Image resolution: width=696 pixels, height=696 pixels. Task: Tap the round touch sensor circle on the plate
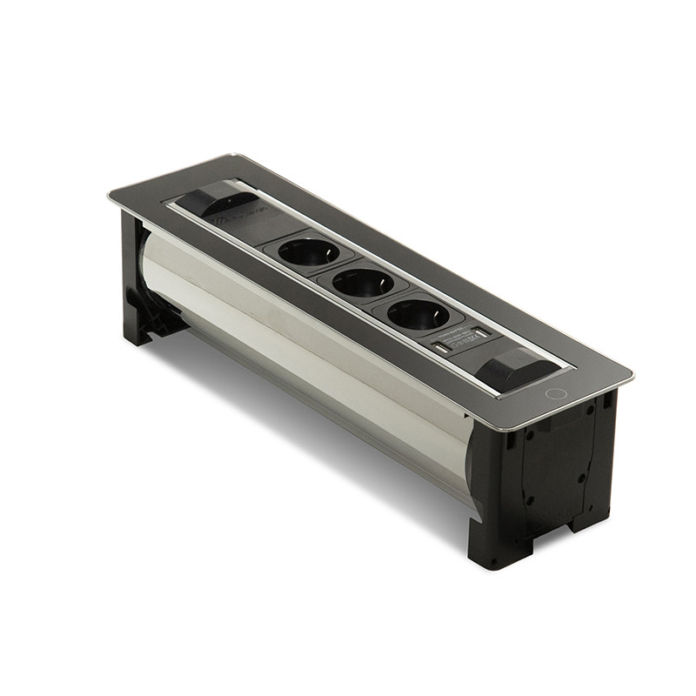pyautogui.click(x=555, y=393)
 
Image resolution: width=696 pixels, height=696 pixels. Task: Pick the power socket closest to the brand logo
pyautogui.click(x=309, y=251)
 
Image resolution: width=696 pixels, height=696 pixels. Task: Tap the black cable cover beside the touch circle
pyautogui.click(x=514, y=366)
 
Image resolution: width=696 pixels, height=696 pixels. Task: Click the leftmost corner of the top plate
pyautogui.click(x=110, y=194)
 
